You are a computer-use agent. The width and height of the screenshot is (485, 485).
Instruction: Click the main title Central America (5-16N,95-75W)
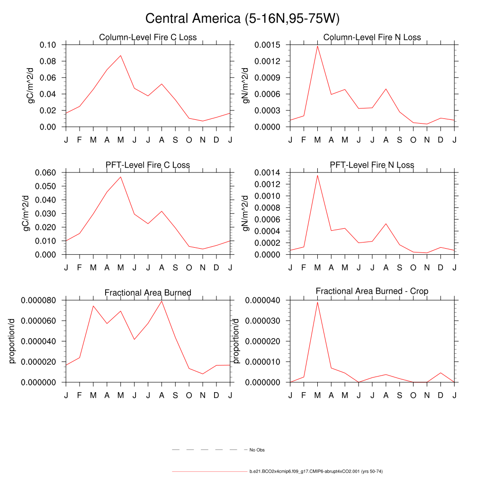pyautogui.click(x=242, y=18)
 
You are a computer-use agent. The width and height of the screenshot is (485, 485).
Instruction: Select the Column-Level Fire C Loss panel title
pyautogui.click(x=148, y=37)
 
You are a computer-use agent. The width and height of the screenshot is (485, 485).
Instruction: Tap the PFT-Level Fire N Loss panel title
pyautogui.click(x=372, y=165)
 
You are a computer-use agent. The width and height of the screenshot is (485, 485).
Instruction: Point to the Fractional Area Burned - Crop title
pyautogui.click(x=372, y=291)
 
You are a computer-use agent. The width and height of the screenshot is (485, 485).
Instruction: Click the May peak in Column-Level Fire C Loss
pyautogui.click(x=121, y=55)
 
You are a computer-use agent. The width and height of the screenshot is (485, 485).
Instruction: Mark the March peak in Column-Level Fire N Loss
pyautogui.click(x=317, y=46)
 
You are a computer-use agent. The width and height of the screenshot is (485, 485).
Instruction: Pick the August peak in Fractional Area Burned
pyautogui.click(x=162, y=301)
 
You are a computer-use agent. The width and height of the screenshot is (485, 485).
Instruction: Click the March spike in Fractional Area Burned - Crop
pyautogui.click(x=317, y=302)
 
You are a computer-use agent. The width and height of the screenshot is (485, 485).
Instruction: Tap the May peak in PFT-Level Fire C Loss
pyautogui.click(x=121, y=177)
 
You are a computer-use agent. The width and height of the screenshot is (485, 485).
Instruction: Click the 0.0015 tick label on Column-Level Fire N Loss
pyautogui.click(x=267, y=45)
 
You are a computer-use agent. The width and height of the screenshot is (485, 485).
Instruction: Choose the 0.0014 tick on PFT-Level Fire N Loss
pyautogui.click(x=267, y=172)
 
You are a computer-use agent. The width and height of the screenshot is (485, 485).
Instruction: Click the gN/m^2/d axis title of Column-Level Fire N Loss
pyautogui.click(x=246, y=86)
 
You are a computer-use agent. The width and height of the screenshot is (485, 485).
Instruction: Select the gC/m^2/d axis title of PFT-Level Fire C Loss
pyautogui.click(x=27, y=214)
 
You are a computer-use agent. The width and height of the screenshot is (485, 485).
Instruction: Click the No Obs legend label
pyautogui.click(x=257, y=449)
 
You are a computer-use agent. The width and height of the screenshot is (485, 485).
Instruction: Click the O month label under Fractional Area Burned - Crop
pyautogui.click(x=413, y=395)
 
